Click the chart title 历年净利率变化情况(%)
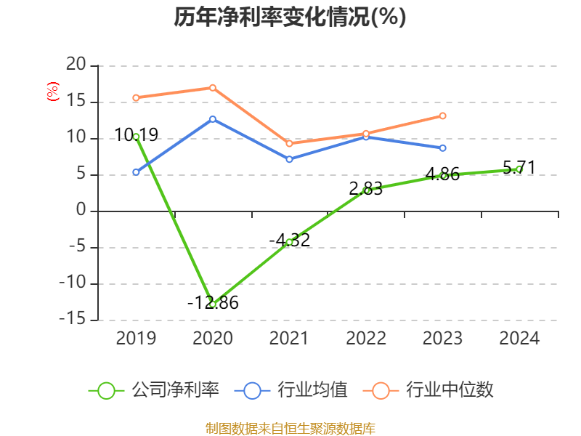pos(290,17)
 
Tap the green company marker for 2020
pos(213,304)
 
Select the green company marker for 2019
pos(136,137)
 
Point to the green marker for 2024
pos(519,169)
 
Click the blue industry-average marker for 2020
pos(213,118)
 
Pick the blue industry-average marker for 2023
pos(442,148)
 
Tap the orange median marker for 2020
pos(213,87)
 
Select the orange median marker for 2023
pos(442,116)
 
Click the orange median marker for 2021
pos(289,143)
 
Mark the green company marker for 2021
pos(289,242)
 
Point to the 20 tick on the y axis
pos(76,65)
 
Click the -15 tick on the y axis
pos(73,320)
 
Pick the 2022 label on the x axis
pos(366,339)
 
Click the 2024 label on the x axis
pos(519,339)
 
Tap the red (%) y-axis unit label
pos(52,92)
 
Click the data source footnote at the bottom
pos(290,428)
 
